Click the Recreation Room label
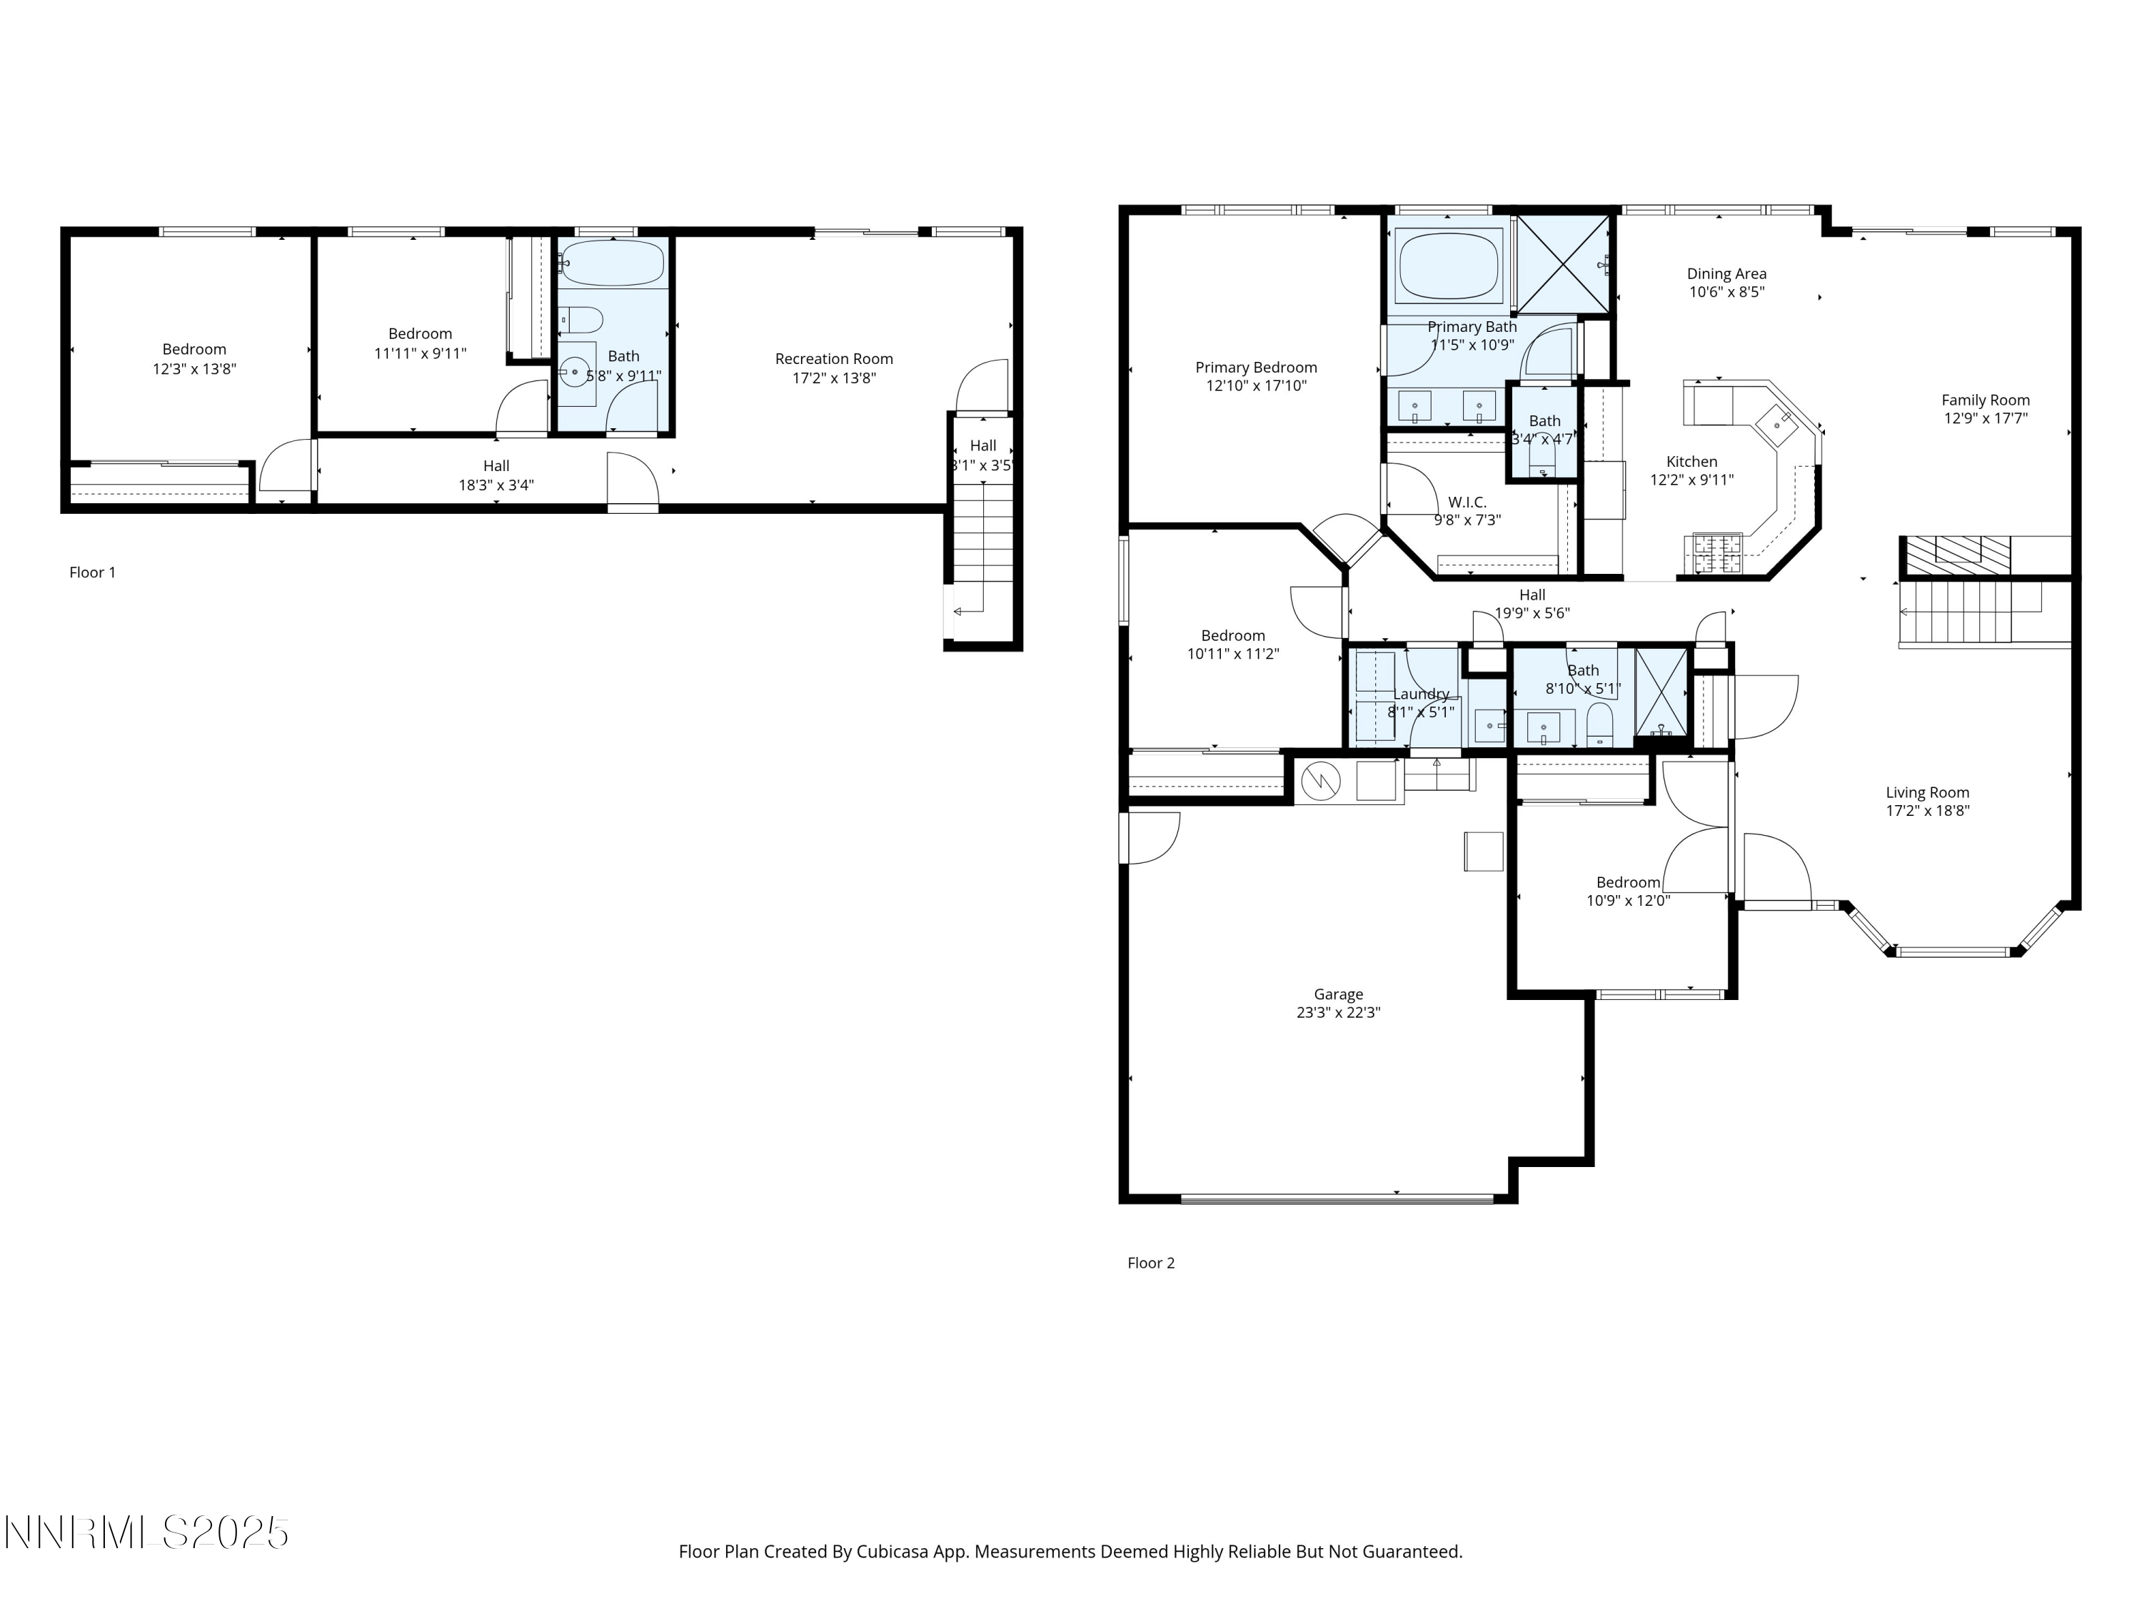tap(834, 359)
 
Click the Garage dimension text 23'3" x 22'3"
tap(1338, 1013)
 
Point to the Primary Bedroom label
tap(1256, 367)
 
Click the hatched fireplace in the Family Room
tap(1954, 554)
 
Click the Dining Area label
tap(1726, 274)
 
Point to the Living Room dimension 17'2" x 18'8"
tap(1927, 812)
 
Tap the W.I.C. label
tap(1467, 502)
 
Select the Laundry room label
tap(1421, 694)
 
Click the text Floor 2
tap(1150, 1263)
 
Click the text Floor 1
tap(92, 572)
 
